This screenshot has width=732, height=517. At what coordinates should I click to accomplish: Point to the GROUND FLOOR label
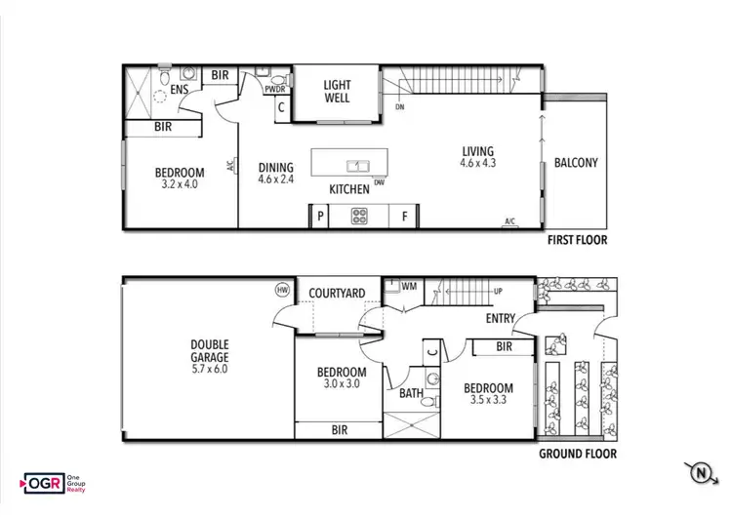(577, 454)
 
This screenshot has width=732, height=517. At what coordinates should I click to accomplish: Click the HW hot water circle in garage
(283, 290)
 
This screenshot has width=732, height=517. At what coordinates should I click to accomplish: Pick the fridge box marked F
(403, 217)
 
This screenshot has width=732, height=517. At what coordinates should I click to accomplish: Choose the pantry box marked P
(319, 217)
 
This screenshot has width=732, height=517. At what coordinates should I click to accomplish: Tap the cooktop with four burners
(359, 217)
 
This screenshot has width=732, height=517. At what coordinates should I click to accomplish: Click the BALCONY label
(575, 163)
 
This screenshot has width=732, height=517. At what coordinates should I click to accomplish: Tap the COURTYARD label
(337, 293)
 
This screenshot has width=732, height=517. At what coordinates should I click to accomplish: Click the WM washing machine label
(408, 287)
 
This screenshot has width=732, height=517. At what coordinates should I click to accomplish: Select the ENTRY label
(501, 318)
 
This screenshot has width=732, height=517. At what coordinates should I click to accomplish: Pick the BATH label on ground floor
(411, 393)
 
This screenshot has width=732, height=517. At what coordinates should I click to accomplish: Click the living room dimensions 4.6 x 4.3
(478, 164)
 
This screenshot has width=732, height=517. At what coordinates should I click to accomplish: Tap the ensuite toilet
(165, 76)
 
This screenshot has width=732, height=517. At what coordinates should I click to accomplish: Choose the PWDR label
(275, 90)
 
